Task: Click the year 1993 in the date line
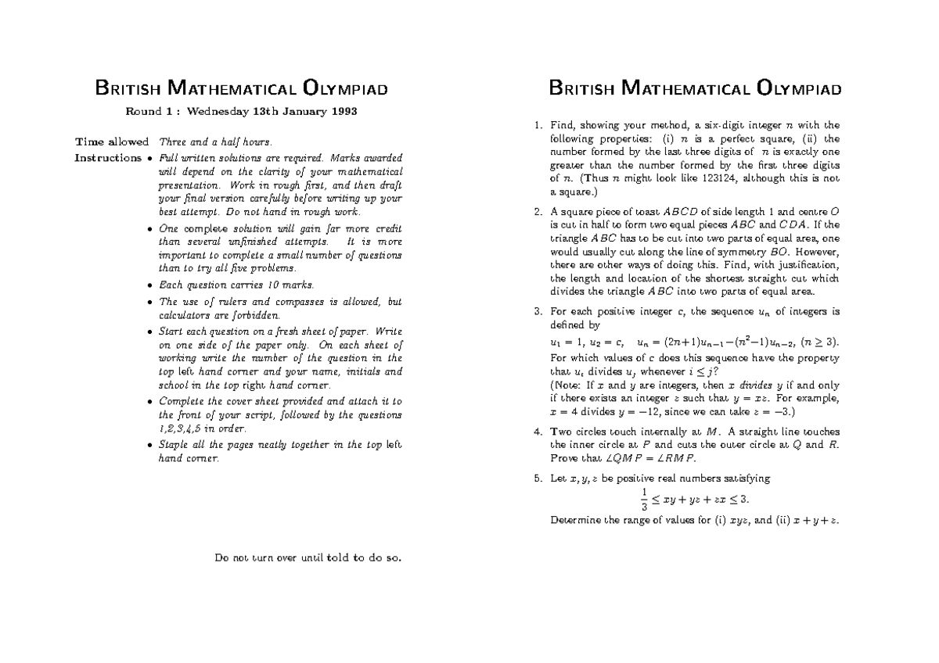pos(342,112)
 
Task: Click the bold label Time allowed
pos(111,142)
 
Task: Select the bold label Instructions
pos(108,158)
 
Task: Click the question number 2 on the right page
pos(536,211)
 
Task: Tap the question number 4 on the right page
pos(536,432)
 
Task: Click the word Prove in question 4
pos(564,458)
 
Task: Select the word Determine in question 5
pos(576,519)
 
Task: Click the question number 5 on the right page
pos(536,478)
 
